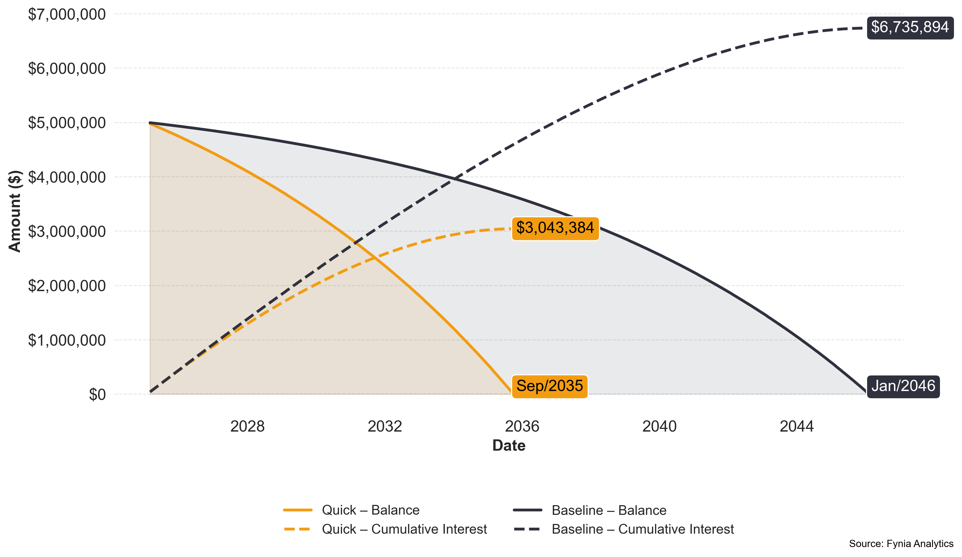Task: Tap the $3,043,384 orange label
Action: pos(555,228)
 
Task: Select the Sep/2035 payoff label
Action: pos(549,386)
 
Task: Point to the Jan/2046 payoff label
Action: pos(903,386)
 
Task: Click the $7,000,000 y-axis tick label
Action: pos(67,15)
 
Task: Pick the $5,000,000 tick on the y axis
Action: pos(67,123)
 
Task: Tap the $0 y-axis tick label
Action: pos(97,395)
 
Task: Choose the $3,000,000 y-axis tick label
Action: pos(67,232)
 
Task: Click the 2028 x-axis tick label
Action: pos(247,426)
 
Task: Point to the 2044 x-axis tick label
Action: pos(796,426)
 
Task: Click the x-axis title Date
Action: pos(509,446)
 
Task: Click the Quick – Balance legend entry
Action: pos(370,510)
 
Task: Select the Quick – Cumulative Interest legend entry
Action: pos(404,529)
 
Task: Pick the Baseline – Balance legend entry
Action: pos(609,510)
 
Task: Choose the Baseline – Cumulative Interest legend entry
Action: pos(642,529)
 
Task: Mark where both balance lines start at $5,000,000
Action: pos(150,123)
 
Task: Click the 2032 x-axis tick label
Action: pos(385,426)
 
